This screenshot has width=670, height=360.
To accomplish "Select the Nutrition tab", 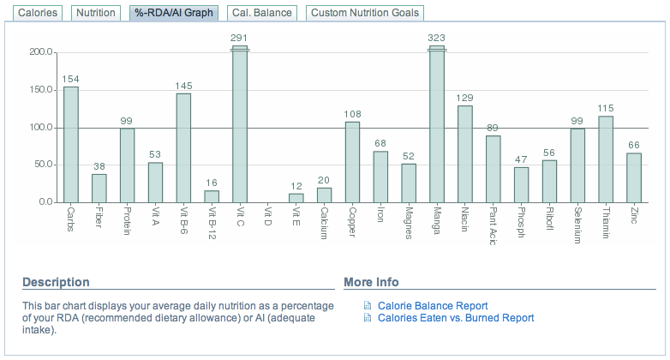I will click(95, 13).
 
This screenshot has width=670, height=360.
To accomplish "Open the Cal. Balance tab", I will click(261, 13).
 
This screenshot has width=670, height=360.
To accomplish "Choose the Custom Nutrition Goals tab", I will click(365, 13).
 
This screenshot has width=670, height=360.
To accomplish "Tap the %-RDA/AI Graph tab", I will click(173, 13).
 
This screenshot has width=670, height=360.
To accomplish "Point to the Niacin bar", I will click(465, 153).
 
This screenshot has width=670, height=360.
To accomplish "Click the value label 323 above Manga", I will click(437, 38).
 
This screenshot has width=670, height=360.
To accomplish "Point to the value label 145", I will click(183, 86).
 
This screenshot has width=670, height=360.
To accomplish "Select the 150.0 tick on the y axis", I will click(41, 90).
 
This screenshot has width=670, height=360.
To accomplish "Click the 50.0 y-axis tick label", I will click(44, 165).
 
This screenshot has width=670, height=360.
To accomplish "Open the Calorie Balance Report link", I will click(432, 305).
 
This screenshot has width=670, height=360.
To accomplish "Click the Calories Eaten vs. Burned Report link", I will click(455, 318).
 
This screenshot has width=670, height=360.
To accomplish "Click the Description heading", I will click(56, 282).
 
